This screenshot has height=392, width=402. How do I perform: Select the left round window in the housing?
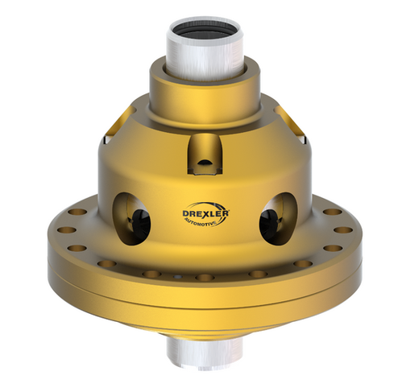point(131,216)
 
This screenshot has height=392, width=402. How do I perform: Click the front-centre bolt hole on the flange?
point(205,278)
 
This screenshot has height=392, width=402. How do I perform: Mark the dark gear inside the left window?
point(138,221)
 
